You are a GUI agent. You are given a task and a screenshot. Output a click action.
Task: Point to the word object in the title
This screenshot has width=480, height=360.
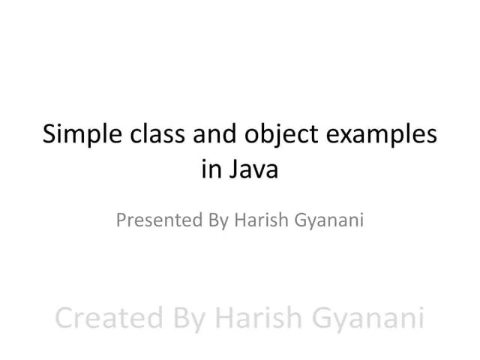[283, 138]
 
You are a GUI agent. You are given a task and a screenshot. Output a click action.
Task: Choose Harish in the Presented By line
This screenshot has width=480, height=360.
[259, 220]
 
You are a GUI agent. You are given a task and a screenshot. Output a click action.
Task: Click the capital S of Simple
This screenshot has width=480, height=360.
[49, 136]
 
